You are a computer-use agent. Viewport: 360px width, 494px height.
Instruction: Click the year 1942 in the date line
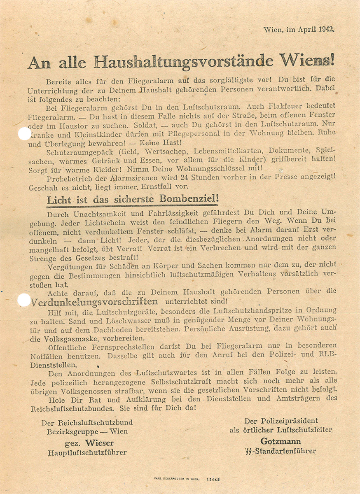[x=326, y=30]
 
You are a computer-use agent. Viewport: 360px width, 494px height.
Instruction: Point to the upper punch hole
[x=24, y=133]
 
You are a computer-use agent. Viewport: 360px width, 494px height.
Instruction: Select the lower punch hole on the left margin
[x=24, y=300]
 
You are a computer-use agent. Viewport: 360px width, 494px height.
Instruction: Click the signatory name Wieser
[x=99, y=443]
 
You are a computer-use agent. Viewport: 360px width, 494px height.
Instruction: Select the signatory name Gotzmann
[x=281, y=441]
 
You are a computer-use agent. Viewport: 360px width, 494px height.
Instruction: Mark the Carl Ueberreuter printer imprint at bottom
[x=176, y=479]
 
